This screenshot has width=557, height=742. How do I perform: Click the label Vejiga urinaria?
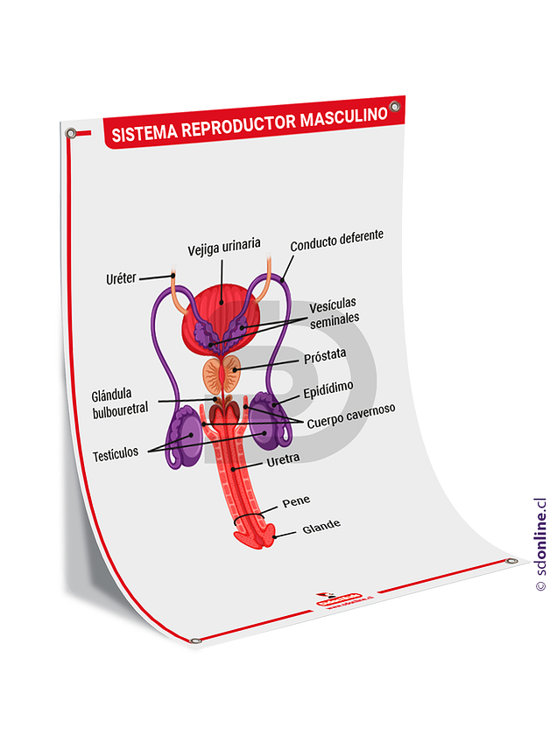pyautogui.click(x=223, y=248)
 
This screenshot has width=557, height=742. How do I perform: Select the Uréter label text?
pyautogui.click(x=121, y=279)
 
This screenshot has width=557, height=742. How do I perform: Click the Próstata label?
pyautogui.click(x=325, y=355)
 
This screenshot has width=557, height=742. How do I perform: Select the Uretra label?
pyautogui.click(x=283, y=458)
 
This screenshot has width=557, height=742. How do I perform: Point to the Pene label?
pyautogui.click(x=296, y=501)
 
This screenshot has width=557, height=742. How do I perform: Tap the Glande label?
pyautogui.click(x=321, y=527)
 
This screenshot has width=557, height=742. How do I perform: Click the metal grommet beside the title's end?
pyautogui.click(x=394, y=107)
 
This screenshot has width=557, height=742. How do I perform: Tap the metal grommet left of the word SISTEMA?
pyautogui.click(x=71, y=134)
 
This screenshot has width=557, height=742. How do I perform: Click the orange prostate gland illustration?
pyautogui.click(x=222, y=375)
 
